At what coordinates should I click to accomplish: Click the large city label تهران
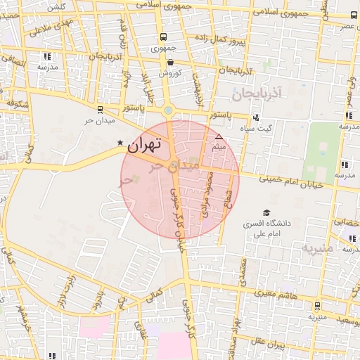tap(144, 146)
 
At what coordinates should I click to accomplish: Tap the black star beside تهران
tap(120, 144)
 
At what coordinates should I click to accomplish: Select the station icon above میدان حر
tap(99, 109)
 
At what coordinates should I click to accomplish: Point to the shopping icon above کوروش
tap(170, 62)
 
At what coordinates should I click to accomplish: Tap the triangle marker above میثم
tap(219, 136)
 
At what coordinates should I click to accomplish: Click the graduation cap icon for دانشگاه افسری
tap(266, 212)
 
